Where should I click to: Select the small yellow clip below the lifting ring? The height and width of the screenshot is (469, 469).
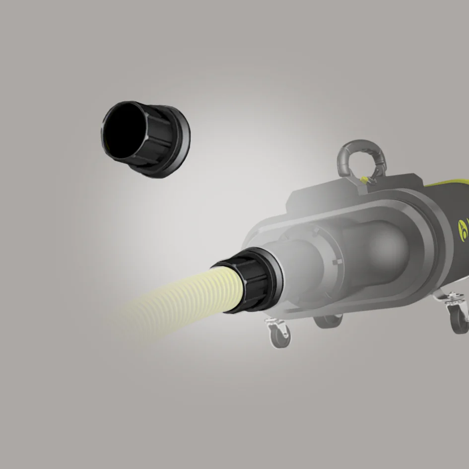(x=366, y=178)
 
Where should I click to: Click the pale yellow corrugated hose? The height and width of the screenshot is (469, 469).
(x=189, y=303)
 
